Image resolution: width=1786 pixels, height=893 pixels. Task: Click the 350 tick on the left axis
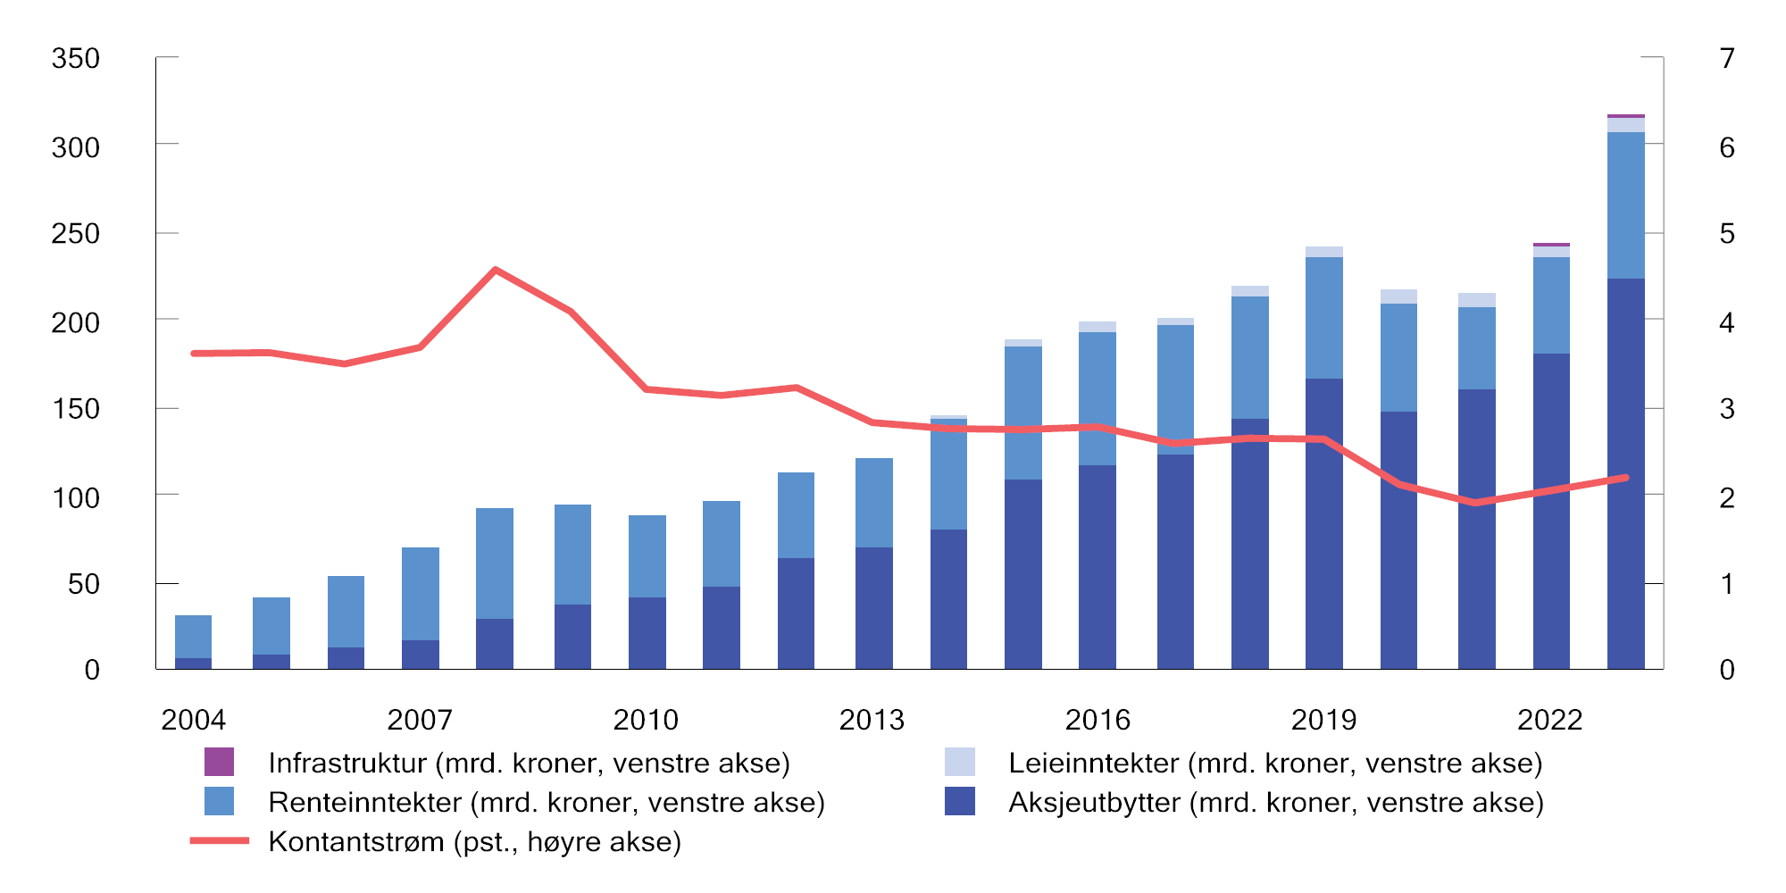click(x=76, y=59)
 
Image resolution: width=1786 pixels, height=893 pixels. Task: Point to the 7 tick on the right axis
click(x=1727, y=59)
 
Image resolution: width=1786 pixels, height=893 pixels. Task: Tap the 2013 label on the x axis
click(x=872, y=720)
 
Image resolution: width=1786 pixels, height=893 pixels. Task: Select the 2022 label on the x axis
click(x=1550, y=720)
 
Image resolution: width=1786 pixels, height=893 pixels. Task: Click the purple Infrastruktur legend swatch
click(x=219, y=762)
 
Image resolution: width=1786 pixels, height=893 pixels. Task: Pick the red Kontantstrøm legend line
click(x=219, y=841)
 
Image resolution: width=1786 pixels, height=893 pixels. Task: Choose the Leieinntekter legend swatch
click(x=959, y=762)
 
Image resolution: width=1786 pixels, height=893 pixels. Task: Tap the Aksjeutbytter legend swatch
click(x=959, y=801)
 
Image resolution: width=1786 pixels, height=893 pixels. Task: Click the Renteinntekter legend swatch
click(x=219, y=801)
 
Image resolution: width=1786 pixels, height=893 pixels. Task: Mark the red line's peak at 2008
click(x=496, y=269)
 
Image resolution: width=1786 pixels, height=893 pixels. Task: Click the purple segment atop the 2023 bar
click(x=1625, y=116)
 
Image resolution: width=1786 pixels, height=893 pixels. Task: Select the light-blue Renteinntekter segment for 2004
click(x=193, y=637)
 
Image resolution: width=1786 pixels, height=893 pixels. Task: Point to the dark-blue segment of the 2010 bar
click(x=647, y=633)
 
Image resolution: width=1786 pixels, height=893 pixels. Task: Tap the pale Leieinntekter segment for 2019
click(x=1323, y=252)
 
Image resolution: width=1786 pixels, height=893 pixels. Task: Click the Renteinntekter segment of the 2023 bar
click(x=1625, y=205)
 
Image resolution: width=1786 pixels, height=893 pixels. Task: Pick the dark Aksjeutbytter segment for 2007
click(x=420, y=655)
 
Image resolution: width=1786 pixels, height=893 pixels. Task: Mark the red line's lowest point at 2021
click(x=1475, y=503)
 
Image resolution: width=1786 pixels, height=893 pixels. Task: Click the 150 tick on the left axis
click(x=76, y=409)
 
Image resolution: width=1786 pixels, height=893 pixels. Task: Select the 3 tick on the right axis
click(x=1727, y=409)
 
